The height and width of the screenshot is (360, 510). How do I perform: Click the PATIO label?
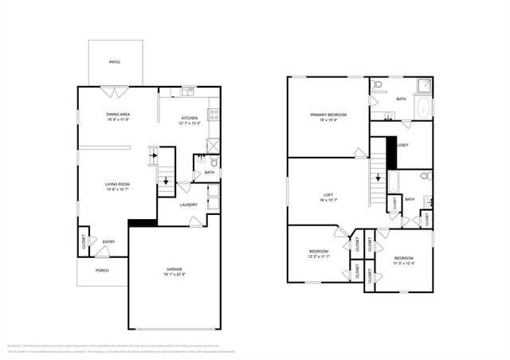click(x=114, y=62)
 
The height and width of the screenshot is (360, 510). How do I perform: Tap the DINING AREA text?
click(x=118, y=115)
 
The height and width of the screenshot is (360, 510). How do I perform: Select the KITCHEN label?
click(x=189, y=119)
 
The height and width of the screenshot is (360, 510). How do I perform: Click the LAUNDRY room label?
click(x=189, y=205)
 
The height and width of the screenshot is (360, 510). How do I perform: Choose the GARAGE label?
click(x=175, y=269)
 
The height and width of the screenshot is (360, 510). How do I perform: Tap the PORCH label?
click(x=101, y=270)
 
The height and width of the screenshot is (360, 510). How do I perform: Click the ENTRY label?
click(x=108, y=242)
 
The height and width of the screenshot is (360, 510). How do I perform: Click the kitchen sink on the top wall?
click(x=187, y=92)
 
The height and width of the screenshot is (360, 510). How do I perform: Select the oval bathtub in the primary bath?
click(x=422, y=108)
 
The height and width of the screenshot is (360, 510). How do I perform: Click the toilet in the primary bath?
click(x=378, y=84)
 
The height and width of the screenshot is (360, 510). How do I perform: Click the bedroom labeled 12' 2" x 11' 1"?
click(x=319, y=254)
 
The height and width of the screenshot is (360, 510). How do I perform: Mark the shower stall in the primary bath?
click(x=422, y=85)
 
